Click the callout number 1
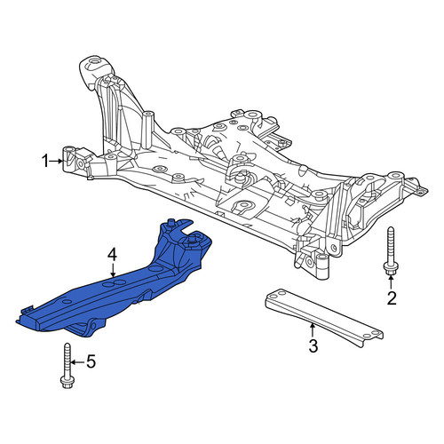coord(45,162)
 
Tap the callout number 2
coord(392,298)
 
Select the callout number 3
coord(313,345)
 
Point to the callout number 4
coord(113,255)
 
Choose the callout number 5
coord(91,361)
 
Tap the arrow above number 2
coord(391,282)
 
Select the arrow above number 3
coord(312,331)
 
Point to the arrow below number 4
coord(113,270)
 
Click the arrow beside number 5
coord(77,362)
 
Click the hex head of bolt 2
coord(391,268)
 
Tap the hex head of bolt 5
coord(67,382)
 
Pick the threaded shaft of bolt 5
coord(67,360)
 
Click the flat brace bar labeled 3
coord(323,317)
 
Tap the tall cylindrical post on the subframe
coord(147,131)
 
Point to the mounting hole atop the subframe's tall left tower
coord(95,62)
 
